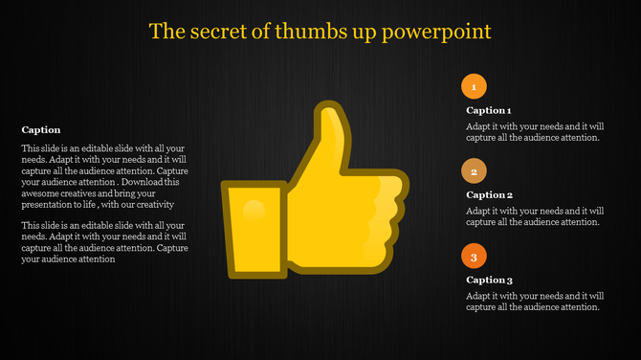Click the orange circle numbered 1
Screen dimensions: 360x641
(x=473, y=87)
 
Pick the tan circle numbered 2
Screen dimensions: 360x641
(x=473, y=171)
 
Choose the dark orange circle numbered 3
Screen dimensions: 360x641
(x=473, y=256)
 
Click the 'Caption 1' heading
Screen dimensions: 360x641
(x=489, y=110)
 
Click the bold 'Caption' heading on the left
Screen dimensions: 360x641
(x=41, y=129)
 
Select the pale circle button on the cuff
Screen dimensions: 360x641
(x=253, y=209)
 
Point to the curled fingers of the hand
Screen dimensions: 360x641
(x=384, y=215)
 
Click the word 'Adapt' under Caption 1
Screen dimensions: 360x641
(x=480, y=125)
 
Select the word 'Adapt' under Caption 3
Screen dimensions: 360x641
(x=480, y=296)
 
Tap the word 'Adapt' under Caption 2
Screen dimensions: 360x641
(x=480, y=211)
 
